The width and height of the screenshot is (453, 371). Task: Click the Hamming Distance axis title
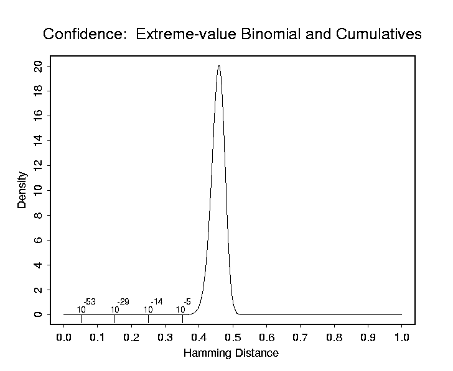231,353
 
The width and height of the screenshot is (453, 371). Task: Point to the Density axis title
22,191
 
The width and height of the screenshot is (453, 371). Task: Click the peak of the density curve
218,65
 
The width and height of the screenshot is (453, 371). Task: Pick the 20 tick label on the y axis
39,66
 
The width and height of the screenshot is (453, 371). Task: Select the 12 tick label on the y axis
39,165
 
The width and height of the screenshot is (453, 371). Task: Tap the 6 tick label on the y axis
39,240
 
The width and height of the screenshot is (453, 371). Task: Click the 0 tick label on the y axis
39,314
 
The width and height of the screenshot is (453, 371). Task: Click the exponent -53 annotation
89,302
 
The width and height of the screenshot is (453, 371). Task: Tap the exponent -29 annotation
123,302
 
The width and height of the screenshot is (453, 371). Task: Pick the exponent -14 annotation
156,302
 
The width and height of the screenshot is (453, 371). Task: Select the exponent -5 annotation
187,302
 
